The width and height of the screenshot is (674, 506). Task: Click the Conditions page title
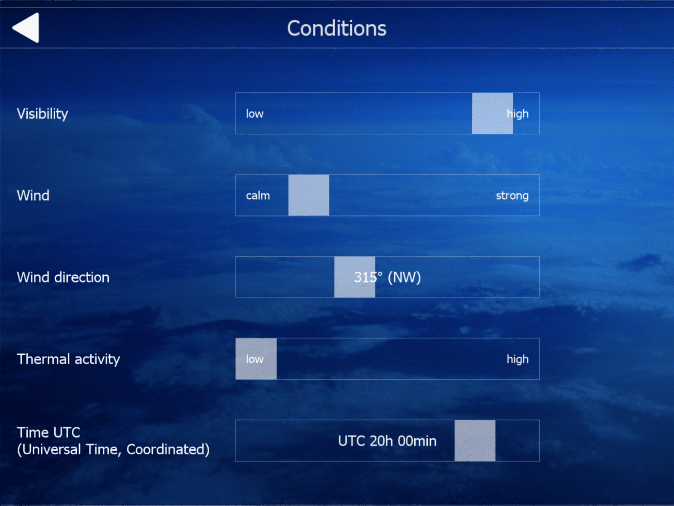337,28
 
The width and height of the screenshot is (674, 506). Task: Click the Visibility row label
42,114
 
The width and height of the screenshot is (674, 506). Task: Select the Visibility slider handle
492,113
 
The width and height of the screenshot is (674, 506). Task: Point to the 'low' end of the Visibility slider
255,114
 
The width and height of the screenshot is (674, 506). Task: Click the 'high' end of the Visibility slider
518,114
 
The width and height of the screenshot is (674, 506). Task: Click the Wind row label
33,195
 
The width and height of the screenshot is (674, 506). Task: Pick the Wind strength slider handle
309,195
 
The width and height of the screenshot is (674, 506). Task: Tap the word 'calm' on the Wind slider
258,195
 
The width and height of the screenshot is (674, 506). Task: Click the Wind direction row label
63,277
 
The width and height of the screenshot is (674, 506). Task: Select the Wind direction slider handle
355,277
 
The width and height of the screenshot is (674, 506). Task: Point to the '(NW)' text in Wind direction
404,277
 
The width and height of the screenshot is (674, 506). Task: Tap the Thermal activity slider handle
256,359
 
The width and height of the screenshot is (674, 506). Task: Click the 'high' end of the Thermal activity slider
518,359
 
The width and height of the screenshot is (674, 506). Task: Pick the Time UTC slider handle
475,441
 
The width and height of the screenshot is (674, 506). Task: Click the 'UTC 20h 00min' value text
387,441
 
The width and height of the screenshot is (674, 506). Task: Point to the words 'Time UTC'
49,433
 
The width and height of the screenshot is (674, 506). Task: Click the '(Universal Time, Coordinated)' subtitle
113,450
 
